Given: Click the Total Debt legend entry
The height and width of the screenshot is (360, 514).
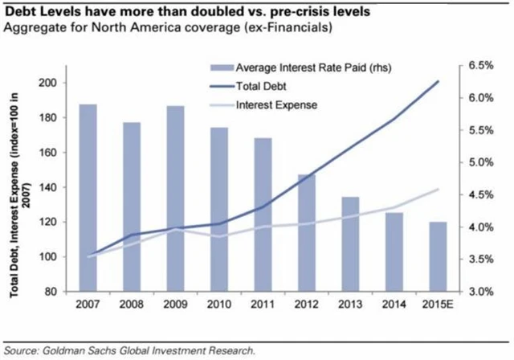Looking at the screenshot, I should tap(257, 86).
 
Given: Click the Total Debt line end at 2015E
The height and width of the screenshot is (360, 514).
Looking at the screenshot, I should tap(438, 81).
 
